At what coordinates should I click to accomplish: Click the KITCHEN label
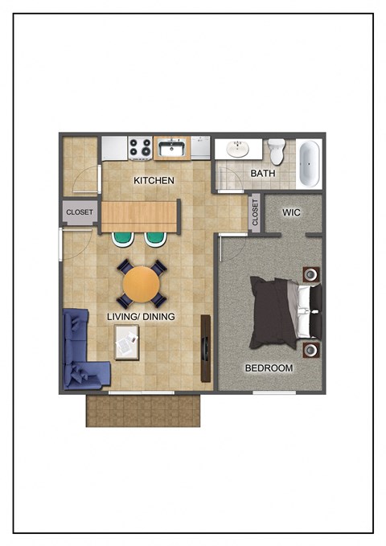click(154, 180)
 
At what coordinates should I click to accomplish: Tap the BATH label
click(263, 173)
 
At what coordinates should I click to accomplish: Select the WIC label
click(291, 212)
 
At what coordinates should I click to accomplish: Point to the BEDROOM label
click(269, 367)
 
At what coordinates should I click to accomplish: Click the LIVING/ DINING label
click(141, 317)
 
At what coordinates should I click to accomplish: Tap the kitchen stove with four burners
click(140, 148)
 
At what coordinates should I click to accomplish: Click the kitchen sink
click(172, 148)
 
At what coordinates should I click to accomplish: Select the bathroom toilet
click(277, 150)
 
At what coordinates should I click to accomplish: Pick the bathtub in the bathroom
click(310, 163)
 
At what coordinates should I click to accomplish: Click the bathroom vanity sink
click(237, 149)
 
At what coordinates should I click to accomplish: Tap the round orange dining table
click(142, 284)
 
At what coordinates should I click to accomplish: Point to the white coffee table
click(127, 343)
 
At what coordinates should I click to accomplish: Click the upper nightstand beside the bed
click(310, 274)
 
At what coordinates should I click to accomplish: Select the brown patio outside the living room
click(143, 409)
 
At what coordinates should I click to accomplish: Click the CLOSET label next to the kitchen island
click(80, 212)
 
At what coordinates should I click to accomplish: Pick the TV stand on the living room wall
click(206, 347)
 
